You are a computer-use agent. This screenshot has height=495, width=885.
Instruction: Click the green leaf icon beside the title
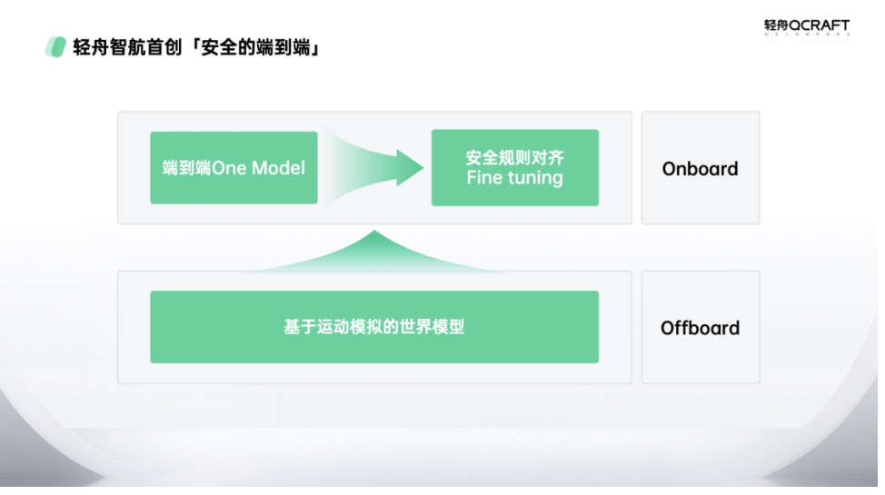coord(55,47)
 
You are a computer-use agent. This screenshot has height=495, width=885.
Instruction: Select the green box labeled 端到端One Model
coord(234,167)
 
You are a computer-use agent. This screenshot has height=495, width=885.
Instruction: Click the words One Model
coord(259,168)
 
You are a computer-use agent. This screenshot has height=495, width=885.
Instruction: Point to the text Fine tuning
coord(514,178)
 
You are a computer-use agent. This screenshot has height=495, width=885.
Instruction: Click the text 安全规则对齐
coord(514,157)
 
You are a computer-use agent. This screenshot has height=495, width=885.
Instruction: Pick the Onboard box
coord(700,168)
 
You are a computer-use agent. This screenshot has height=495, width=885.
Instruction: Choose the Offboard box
coord(700,327)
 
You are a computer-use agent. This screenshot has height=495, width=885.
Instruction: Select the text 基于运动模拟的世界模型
coord(373,327)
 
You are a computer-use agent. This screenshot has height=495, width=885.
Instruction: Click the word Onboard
coord(700,169)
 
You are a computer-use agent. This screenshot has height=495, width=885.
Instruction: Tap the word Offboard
coord(700,328)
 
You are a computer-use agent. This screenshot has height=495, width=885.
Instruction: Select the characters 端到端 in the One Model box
coord(186,168)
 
